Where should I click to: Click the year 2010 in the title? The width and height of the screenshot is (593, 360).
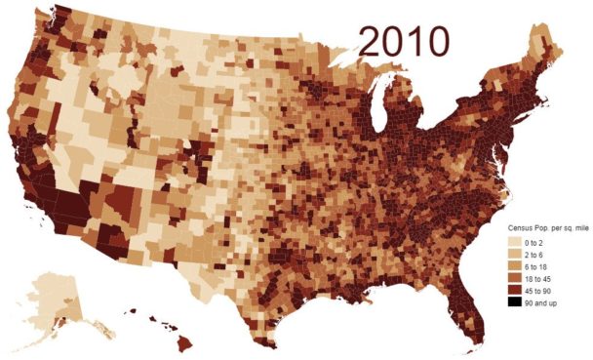[x=403, y=41]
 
